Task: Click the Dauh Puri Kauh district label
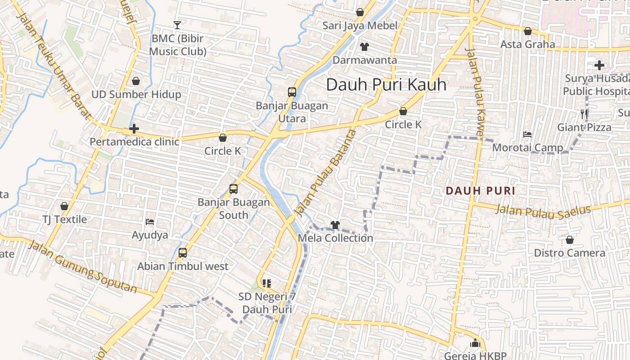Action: tap(386, 85)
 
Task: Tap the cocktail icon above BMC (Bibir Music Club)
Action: tap(177, 25)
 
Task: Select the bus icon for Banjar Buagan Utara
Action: tap(292, 92)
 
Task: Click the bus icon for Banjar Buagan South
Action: tap(234, 189)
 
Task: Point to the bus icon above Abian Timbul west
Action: tap(183, 253)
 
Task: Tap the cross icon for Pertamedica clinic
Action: tap(134, 129)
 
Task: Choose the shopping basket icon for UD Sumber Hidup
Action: tap(136, 81)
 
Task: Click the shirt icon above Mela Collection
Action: tap(335, 225)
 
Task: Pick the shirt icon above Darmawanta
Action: tap(364, 47)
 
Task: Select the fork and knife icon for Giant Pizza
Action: tap(584, 114)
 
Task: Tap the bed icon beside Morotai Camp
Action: tap(527, 135)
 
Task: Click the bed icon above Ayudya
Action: tap(150, 222)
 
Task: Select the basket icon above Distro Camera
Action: tap(570, 240)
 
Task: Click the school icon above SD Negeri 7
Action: tap(267, 283)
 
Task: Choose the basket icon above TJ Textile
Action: tap(64, 207)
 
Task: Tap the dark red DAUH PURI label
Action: tap(480, 191)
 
